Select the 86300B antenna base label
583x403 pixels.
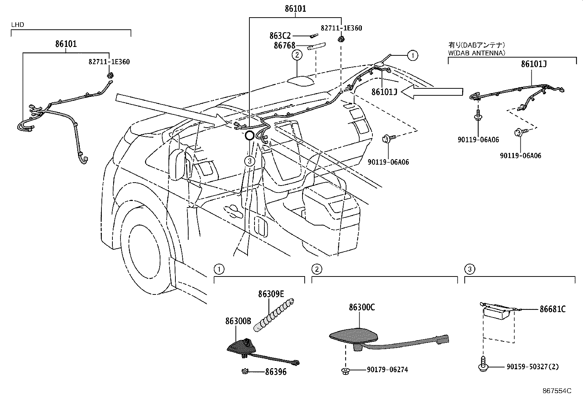pyautogui.click(x=238, y=321)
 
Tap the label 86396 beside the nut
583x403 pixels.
pyautogui.click(x=276, y=372)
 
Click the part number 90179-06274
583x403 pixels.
pyautogui.click(x=387, y=370)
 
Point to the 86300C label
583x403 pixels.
pyautogui.click(x=361, y=307)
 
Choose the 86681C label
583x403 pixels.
pyautogui.click(x=552, y=309)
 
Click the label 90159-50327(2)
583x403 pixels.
pyautogui.click(x=532, y=366)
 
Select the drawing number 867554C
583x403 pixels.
pyautogui.click(x=557, y=391)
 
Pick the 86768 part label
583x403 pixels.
pyautogui.click(x=284, y=46)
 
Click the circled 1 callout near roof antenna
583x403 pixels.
pyautogui.click(x=413, y=55)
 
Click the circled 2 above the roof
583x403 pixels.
pyautogui.click(x=297, y=55)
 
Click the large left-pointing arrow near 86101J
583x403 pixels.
pyautogui.click(x=432, y=92)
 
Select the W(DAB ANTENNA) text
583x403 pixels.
pyautogui.click(x=476, y=53)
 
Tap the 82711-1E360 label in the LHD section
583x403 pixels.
pyautogui.click(x=109, y=62)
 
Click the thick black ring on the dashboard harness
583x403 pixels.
pyautogui.click(x=249, y=135)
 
